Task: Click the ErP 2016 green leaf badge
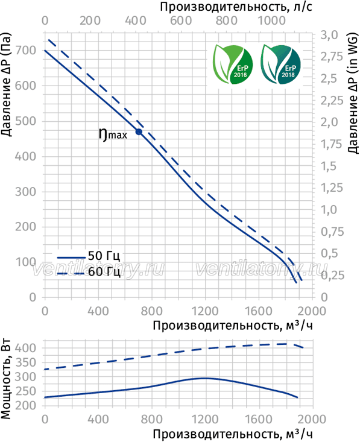point(233,65)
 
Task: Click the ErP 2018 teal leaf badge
point(281,65)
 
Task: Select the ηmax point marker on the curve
point(139,131)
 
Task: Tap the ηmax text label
point(113,134)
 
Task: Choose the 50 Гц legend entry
point(89,256)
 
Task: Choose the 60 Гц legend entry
point(89,272)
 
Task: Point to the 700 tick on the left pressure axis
point(26,51)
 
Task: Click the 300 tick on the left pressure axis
point(26,192)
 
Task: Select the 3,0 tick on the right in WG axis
point(329,35)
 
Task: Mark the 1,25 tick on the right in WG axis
point(332,188)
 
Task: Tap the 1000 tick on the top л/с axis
point(272,21)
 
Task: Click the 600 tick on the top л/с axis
point(181,21)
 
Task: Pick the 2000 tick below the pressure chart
point(312,311)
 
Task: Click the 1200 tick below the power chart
point(205,419)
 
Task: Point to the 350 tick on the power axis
point(26,362)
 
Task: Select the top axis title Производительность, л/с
point(236,7)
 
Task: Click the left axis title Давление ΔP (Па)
point(6,84)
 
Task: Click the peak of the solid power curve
point(204,378)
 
